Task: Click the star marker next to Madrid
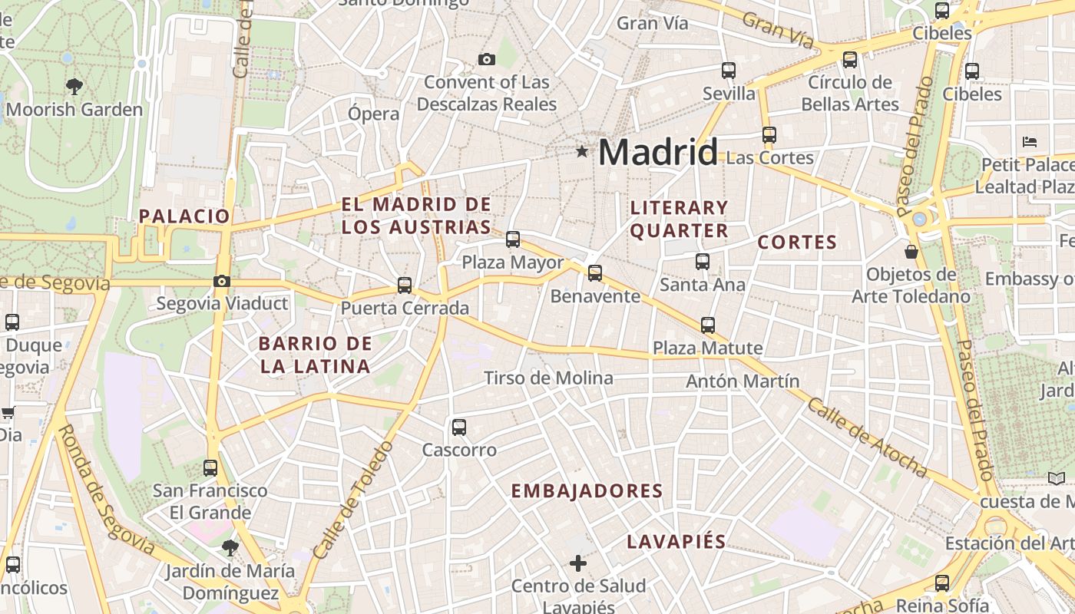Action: pos(582,152)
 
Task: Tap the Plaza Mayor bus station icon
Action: pos(513,239)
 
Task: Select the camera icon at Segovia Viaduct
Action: pos(222,282)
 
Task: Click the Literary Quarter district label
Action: pos(679,219)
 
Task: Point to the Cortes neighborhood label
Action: pos(797,243)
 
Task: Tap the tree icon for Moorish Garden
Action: pos(74,86)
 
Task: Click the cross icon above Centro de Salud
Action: pos(578,564)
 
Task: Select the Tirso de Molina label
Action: pos(548,378)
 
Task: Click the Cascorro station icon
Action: pos(459,427)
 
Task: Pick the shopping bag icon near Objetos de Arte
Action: pos(911,251)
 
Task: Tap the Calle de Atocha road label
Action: pos(866,437)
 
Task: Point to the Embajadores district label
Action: pos(587,491)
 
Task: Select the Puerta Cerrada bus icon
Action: pos(405,286)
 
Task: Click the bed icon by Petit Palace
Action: pos(1030,141)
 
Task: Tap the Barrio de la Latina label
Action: pos(315,355)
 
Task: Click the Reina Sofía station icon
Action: pos(942,583)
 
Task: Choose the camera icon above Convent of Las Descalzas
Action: pos(486,59)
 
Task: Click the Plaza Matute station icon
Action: pos(708,325)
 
